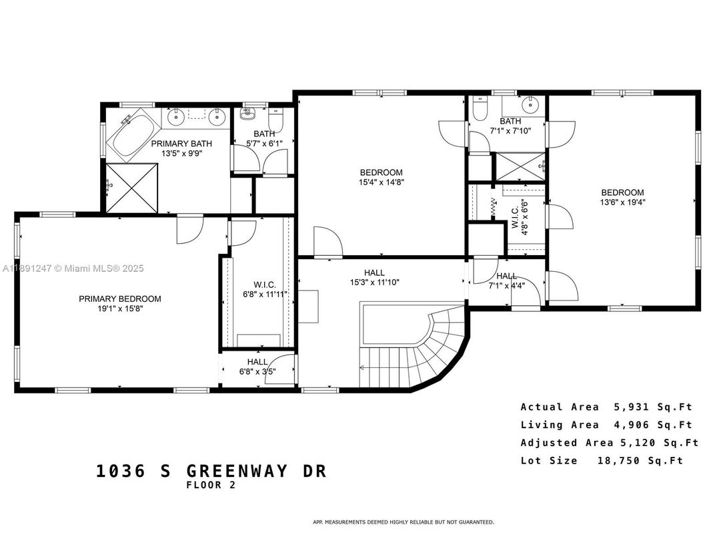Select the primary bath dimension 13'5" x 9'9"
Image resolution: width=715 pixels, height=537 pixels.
pyautogui.click(x=181, y=153)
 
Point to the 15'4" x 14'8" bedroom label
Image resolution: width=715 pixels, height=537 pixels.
pyautogui.click(x=380, y=177)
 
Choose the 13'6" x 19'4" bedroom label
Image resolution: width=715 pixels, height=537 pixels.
pyautogui.click(x=622, y=197)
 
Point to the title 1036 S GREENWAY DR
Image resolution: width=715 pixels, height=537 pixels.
pyautogui.click(x=211, y=471)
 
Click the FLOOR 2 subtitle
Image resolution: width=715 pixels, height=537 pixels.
pyautogui.click(x=211, y=486)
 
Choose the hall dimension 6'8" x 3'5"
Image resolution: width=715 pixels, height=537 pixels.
pyautogui.click(x=257, y=371)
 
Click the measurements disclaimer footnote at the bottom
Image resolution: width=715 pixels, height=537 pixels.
pyautogui.click(x=403, y=522)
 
